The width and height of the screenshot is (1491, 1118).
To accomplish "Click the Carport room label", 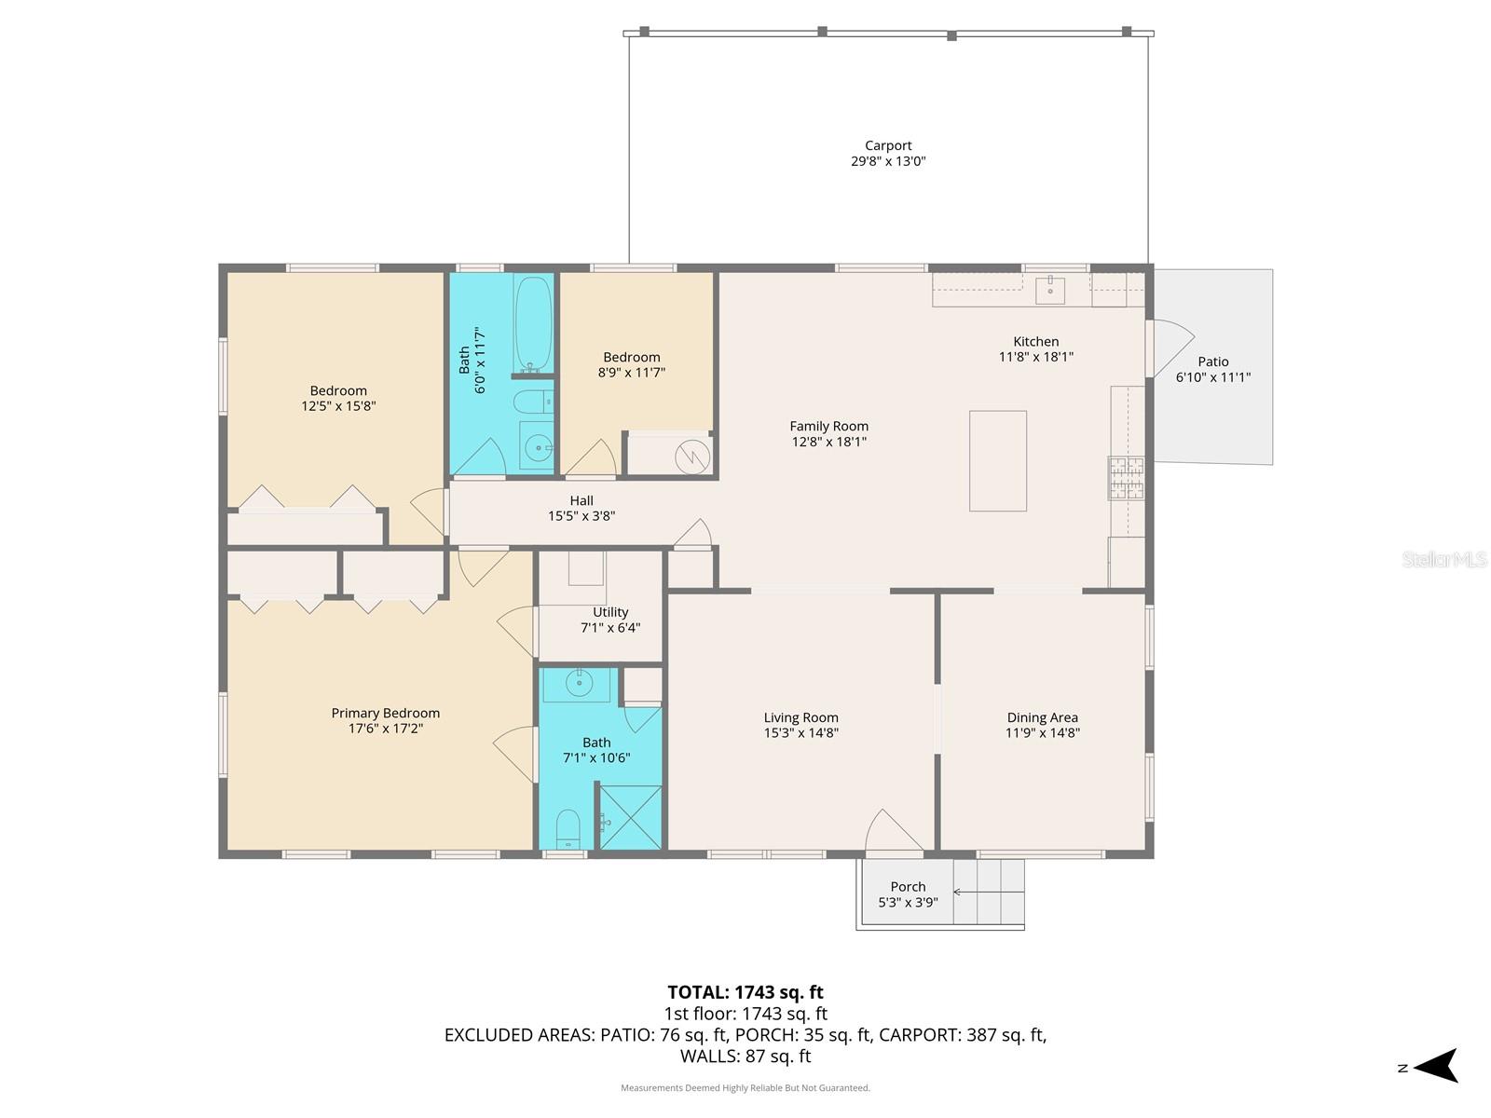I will click(888, 145).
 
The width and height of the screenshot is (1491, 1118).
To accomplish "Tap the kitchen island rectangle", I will click(997, 460).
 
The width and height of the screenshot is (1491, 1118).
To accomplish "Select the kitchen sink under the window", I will click(1050, 288).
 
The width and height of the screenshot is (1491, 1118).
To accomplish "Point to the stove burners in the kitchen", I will click(1126, 477).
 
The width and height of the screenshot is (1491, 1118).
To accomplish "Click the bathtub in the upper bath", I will click(533, 324).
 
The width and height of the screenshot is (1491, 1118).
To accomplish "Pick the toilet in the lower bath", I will click(568, 828).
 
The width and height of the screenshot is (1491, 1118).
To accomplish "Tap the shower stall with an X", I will click(630, 817).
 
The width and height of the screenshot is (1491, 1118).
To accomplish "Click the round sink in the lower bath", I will click(579, 683).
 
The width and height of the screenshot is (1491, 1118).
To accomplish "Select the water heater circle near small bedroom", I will click(692, 457).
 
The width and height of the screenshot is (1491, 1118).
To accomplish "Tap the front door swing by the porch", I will click(893, 831).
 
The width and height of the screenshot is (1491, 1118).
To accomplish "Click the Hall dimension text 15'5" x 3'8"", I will click(581, 516).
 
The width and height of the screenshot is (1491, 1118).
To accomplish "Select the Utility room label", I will click(610, 612).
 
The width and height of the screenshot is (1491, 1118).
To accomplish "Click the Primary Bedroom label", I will click(385, 713).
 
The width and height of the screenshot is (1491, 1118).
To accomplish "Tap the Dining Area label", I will click(1042, 717).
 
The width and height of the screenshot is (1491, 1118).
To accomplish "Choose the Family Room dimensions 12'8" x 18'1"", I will click(828, 442).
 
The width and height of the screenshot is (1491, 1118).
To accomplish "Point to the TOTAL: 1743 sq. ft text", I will click(745, 992).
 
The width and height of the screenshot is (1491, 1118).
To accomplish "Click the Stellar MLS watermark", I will click(1443, 559).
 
